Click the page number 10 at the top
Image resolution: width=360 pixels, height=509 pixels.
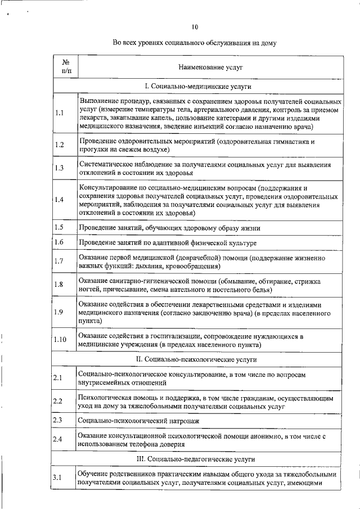pyautogui.click(x=195, y=26)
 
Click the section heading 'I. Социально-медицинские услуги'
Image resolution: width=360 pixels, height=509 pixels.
pyautogui.click(x=198, y=87)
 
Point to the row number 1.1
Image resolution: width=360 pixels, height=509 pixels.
pyautogui.click(x=60, y=113)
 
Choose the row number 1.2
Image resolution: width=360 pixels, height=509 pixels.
pyautogui.click(x=60, y=145)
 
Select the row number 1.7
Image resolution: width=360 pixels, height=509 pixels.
pyautogui.click(x=60, y=261)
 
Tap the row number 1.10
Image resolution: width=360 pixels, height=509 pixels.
pyautogui.click(x=61, y=340)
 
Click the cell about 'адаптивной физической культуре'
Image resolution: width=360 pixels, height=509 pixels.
pyautogui.click(x=168, y=242)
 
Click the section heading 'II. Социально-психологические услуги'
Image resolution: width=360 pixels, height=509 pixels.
pyautogui.click(x=196, y=358)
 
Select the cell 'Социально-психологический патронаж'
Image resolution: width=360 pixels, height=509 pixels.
pyautogui.click(x=138, y=420)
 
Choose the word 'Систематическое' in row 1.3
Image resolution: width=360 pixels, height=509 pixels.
pyautogui.click(x=105, y=164)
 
